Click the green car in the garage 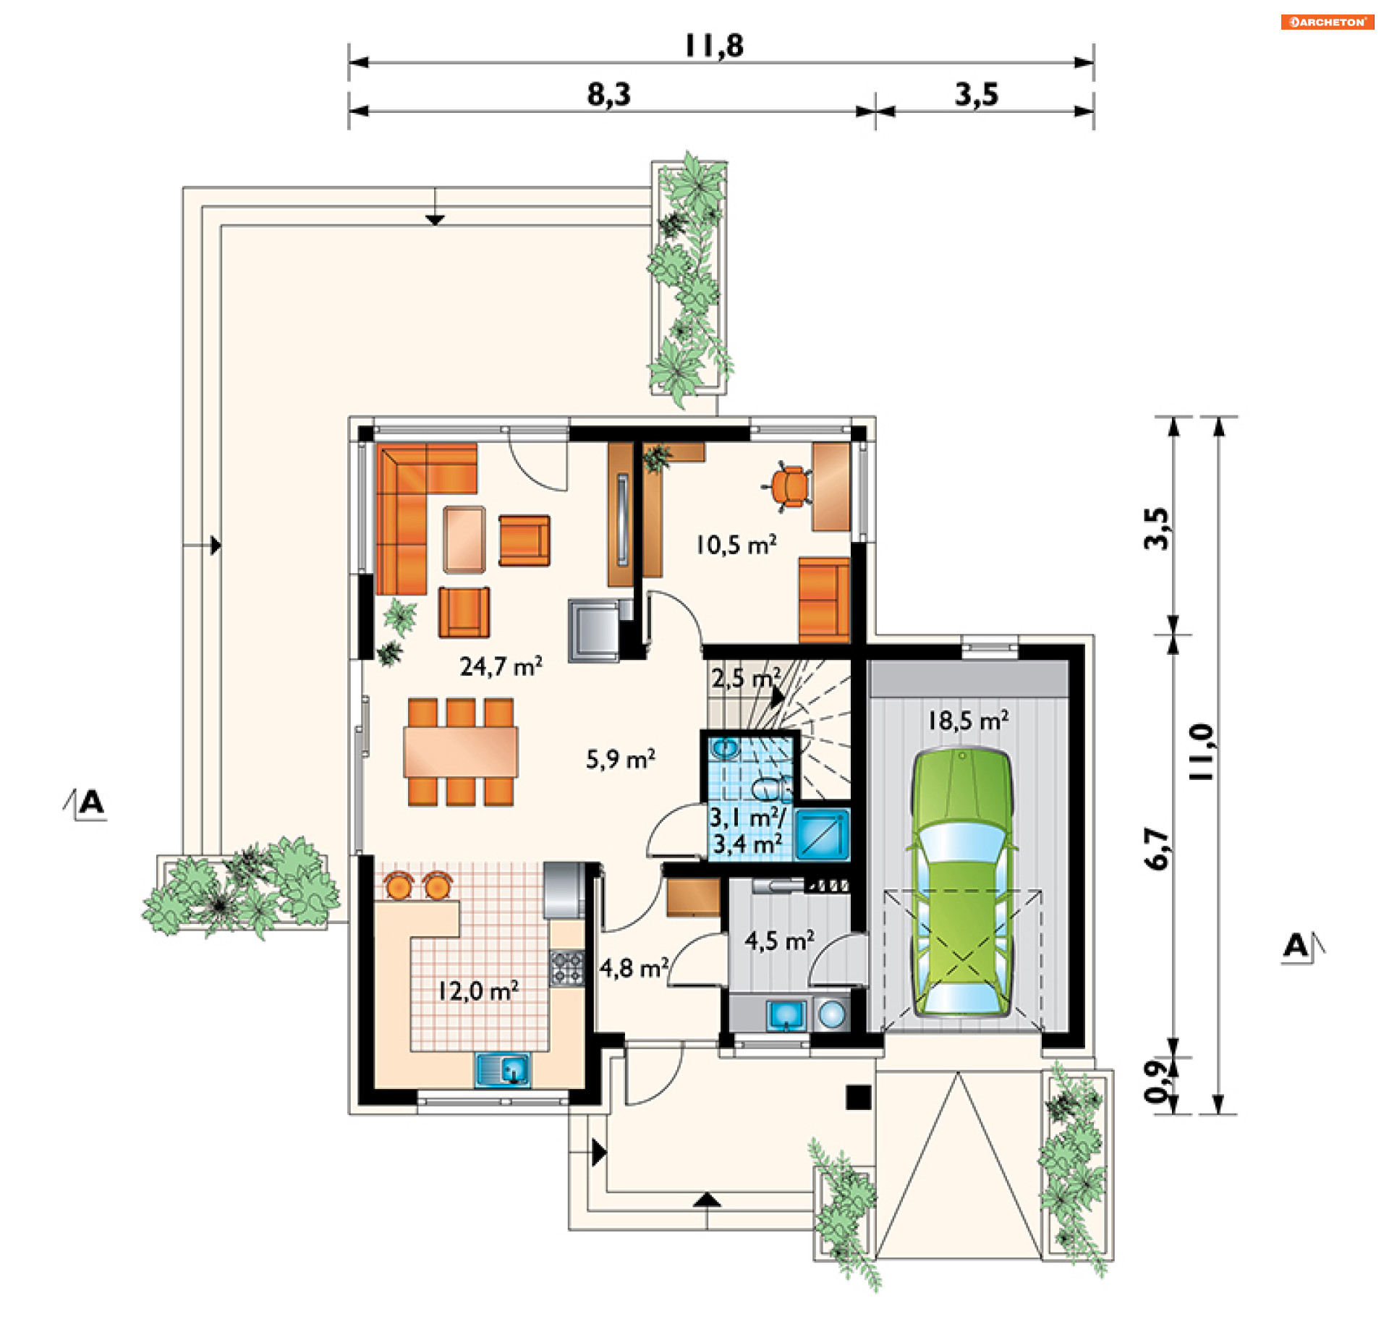[962, 883]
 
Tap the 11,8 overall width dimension [713, 46]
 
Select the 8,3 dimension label [608, 94]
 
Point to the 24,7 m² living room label [501, 666]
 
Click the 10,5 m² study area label [736, 544]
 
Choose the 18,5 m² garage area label [968, 720]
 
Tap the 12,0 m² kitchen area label [478, 991]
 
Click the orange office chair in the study [789, 486]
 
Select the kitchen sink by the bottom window [503, 1069]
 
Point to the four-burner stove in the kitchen [566, 968]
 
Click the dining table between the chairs [461, 751]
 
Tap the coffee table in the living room [464, 539]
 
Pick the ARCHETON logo [1327, 22]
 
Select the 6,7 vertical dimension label [1157, 848]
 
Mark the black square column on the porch [859, 1098]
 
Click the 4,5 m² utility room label [779, 940]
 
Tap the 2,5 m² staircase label [746, 678]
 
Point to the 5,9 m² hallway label [620, 759]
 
